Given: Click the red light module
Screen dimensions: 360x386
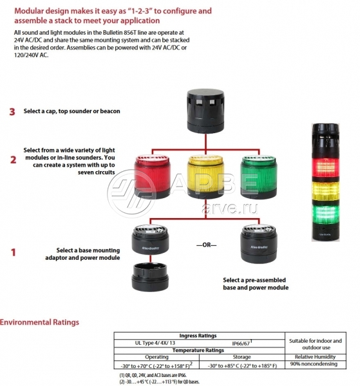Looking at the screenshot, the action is [x=152, y=177].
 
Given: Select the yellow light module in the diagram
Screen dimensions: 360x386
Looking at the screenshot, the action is [x=205, y=177].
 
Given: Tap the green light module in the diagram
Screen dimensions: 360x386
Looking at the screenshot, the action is [x=258, y=177].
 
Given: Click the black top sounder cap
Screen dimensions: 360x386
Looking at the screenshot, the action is [x=205, y=111].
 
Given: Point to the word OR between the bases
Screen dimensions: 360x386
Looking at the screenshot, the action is [x=207, y=245].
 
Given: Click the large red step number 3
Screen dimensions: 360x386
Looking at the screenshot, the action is [x=12, y=112].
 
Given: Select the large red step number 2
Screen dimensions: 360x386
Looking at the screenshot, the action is [x=13, y=160].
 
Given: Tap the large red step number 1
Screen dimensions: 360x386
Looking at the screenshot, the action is [x=14, y=252].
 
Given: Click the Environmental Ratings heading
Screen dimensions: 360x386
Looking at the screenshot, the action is [x=39, y=322].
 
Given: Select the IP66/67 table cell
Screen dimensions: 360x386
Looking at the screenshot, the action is [x=242, y=343].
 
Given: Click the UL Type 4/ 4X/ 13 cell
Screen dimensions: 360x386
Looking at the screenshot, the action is [x=155, y=343].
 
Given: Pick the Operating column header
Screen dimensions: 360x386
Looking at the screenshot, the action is [x=156, y=357].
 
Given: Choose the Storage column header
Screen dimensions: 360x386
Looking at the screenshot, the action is [x=242, y=357].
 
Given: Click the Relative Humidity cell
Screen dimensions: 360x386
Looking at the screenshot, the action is [x=315, y=357].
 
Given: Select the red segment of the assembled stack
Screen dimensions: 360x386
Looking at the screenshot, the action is [x=325, y=167].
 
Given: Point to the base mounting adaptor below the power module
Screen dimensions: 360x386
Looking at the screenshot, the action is [x=150, y=277].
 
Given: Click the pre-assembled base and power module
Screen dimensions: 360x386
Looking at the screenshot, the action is [x=258, y=243].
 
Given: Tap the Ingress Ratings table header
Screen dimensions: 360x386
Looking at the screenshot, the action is [x=198, y=336].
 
